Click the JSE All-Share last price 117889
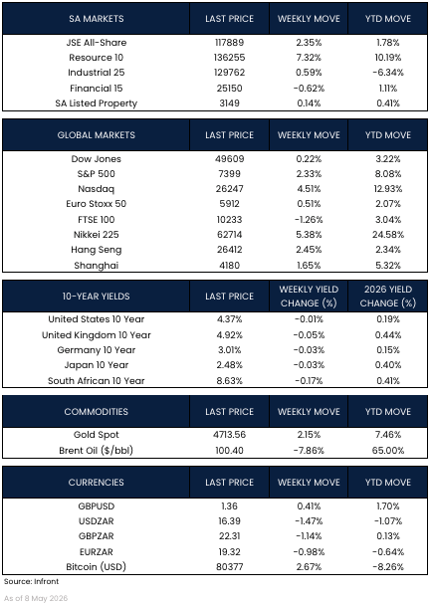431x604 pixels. point(229,43)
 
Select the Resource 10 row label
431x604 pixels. point(97,58)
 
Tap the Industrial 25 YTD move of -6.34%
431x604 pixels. point(388,73)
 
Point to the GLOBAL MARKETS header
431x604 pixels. point(97,135)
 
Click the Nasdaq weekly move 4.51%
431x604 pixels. point(309,189)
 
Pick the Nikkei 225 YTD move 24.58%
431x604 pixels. point(388,235)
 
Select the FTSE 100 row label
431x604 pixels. point(97,220)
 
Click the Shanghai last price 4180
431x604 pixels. point(229,266)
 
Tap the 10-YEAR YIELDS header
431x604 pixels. point(97,297)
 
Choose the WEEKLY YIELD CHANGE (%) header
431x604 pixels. point(309,297)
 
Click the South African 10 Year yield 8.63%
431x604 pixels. point(229,381)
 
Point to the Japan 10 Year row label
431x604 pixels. point(97,365)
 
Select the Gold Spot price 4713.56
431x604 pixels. point(229,435)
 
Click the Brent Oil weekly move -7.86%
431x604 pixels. point(309,451)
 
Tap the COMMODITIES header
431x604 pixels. point(97,412)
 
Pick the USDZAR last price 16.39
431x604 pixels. point(229,521)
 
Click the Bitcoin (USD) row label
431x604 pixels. point(97,567)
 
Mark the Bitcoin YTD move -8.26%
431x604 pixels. point(388,567)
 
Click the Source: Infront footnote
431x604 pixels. point(31,581)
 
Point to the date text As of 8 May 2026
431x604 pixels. point(36,598)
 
